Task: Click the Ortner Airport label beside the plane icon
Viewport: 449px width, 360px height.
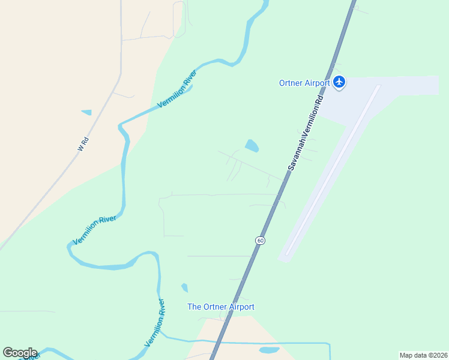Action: pos(304,83)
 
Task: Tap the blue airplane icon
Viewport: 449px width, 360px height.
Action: pos(340,82)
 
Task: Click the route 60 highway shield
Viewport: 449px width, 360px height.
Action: pos(260,241)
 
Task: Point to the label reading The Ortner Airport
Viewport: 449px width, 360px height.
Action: pos(221,307)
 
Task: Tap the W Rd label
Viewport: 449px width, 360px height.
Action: pos(83,143)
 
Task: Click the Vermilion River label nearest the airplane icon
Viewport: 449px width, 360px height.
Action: pos(177,89)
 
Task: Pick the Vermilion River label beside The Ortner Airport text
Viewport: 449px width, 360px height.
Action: pos(155,322)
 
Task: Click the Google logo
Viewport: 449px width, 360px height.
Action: pos(20,353)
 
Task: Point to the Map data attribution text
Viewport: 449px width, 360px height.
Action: pos(423,355)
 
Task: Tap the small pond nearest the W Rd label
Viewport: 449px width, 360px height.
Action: pos(86,112)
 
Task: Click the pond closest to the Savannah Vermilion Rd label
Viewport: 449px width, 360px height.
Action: pos(252,146)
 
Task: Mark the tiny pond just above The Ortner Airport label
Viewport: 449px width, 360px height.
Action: pos(185,288)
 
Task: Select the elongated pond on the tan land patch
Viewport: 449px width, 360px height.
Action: pos(269,349)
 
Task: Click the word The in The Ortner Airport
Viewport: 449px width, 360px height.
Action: pos(194,307)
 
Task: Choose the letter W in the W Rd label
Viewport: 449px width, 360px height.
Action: pos(80,148)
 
